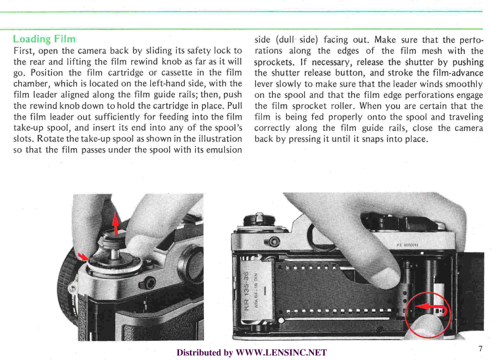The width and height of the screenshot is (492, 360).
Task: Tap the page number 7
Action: [x=480, y=349]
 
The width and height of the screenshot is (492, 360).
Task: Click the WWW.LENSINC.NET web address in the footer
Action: [x=281, y=352]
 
